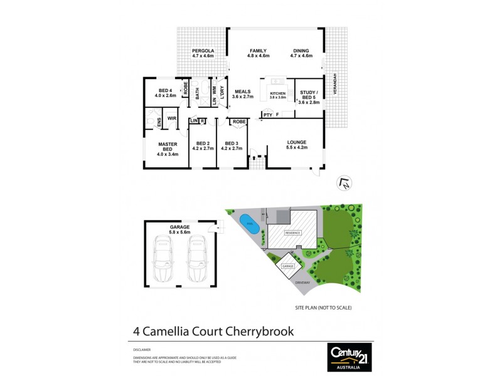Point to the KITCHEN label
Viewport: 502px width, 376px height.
277,94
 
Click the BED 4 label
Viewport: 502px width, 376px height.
166,92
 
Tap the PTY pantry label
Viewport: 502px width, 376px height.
267,115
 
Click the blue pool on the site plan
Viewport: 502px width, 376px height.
248,223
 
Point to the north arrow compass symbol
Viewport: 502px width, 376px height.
344,183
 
